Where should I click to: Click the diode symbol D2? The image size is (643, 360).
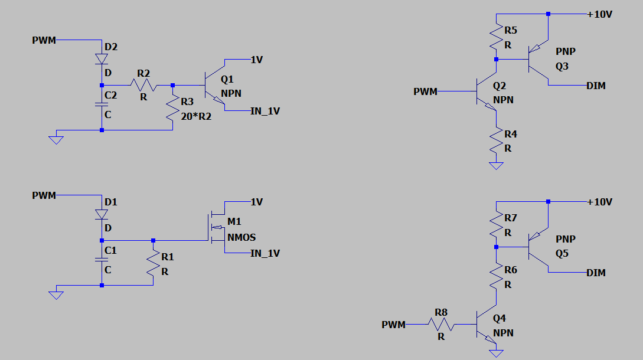point(102,59)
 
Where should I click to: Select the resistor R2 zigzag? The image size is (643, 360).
point(143,86)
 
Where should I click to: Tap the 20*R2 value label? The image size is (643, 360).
point(196,117)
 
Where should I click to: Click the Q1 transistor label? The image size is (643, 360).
point(227,79)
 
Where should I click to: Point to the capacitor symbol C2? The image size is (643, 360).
point(102,104)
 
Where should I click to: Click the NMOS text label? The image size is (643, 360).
point(241,237)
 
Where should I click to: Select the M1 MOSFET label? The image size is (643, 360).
point(234,221)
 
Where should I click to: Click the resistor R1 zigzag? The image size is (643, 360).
point(153,263)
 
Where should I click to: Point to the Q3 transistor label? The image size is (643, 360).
point(562,66)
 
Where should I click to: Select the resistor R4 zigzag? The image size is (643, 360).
point(497,142)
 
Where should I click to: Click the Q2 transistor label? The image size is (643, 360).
point(500,86)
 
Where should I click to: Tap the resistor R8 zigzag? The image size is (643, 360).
point(440,324)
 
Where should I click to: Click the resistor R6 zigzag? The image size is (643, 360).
point(497,277)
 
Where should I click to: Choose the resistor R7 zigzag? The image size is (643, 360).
point(497,225)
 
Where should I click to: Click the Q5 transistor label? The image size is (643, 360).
point(562,253)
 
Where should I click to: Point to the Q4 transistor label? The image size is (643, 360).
point(500,318)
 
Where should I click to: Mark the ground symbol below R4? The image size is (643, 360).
point(497,166)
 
